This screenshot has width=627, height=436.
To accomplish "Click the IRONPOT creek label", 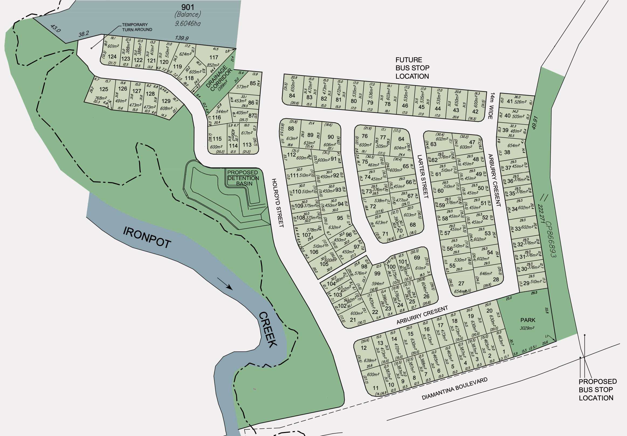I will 147,237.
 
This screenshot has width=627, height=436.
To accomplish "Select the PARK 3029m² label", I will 528,324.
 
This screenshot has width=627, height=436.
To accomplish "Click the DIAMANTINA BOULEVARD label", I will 454,389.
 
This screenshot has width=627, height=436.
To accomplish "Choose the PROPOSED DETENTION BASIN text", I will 243,178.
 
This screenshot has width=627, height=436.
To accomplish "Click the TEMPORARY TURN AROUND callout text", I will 137,27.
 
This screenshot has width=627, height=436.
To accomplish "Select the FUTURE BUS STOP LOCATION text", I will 412,68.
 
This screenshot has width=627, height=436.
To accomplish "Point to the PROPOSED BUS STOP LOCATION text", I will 598,390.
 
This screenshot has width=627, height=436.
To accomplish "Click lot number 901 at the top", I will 188,7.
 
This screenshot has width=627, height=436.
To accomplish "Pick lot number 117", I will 214,57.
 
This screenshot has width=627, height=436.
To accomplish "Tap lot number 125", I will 104,89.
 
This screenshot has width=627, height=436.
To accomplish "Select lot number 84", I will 292,96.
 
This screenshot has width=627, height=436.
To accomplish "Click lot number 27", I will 461,283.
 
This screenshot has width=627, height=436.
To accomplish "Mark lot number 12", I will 363,348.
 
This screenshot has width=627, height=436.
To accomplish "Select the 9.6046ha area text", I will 188,23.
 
